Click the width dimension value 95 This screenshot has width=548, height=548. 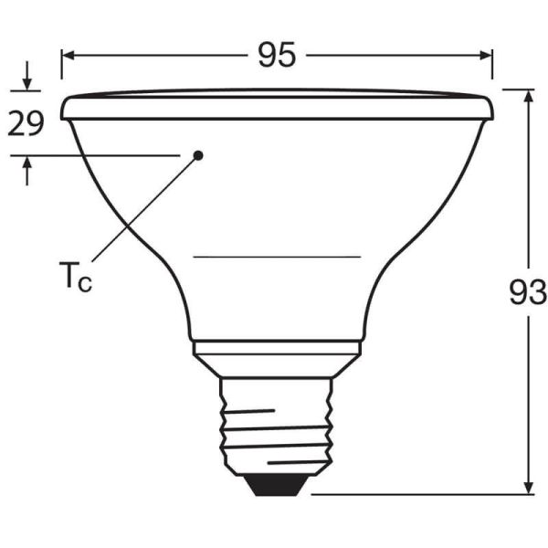[277, 55]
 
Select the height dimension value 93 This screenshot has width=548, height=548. [528, 292]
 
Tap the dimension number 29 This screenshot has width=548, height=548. [26, 123]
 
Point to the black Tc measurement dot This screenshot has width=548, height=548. [198, 155]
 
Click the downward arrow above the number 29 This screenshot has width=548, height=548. [26, 80]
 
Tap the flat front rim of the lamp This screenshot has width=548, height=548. [278, 107]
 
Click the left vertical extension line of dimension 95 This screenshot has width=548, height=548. [62, 68]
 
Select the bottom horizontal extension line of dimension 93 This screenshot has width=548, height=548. [420, 495]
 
